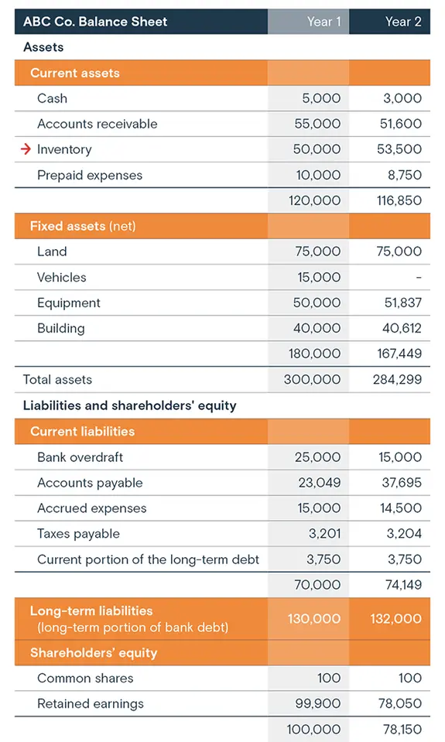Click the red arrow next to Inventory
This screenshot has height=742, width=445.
click(26, 149)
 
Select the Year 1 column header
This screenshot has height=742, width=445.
click(323, 22)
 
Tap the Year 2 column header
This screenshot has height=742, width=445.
click(403, 22)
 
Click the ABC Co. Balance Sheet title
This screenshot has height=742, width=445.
click(95, 22)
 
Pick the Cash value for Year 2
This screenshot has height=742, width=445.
click(402, 98)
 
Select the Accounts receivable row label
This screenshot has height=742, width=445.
click(97, 124)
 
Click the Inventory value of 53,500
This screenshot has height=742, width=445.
click(399, 149)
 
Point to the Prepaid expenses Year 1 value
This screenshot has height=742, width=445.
click(318, 175)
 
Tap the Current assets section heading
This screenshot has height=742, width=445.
click(75, 73)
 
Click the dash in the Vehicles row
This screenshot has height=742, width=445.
click(419, 277)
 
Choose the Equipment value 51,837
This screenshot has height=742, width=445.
click(402, 303)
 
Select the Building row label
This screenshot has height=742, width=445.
click(60, 328)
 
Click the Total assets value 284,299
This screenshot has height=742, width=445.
click(397, 379)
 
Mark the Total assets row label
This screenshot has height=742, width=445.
click(57, 379)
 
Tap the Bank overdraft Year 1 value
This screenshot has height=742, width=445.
click(317, 457)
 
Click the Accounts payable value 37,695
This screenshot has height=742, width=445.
click(400, 483)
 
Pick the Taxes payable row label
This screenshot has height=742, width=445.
click(78, 534)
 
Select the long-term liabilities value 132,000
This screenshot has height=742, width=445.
click(396, 618)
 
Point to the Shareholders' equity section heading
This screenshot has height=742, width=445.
click(93, 652)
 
